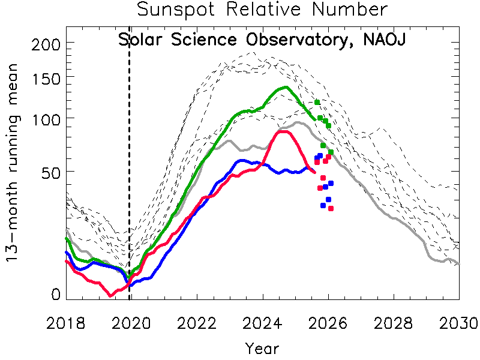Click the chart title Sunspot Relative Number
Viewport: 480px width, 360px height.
[x=262, y=10]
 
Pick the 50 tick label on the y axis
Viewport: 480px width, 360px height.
[x=48, y=172]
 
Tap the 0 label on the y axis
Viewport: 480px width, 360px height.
[x=56, y=295]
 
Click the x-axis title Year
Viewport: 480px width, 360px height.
[x=262, y=348]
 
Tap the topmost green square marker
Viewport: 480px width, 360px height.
[x=317, y=102]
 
